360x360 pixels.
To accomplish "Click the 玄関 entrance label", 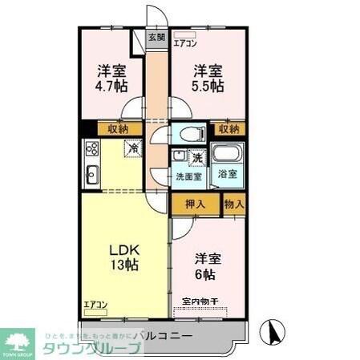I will tap(156, 37).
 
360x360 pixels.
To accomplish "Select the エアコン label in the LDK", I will tap(95, 305).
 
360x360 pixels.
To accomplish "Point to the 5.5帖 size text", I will tap(208, 86).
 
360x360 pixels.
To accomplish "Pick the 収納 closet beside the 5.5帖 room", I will tap(227, 128).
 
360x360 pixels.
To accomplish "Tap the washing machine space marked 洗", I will tap(196, 157).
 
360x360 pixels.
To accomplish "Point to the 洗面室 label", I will tap(188, 176).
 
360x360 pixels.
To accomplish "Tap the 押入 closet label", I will tap(195, 204).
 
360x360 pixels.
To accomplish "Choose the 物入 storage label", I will tap(234, 204).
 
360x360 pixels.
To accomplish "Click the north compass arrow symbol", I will tap(273, 330).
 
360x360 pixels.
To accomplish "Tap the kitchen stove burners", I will tap(91, 149).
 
